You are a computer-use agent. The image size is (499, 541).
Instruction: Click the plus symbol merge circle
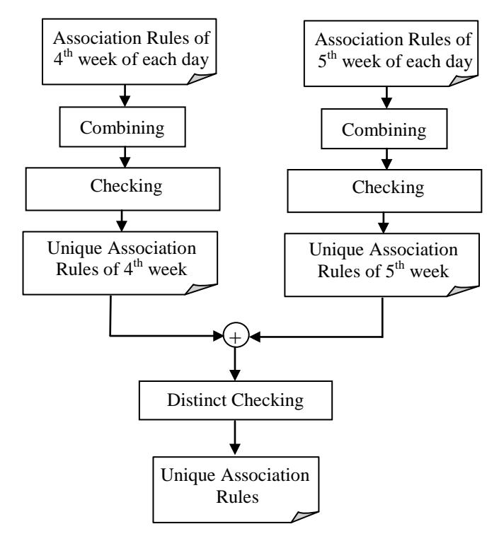pyautogui.click(x=236, y=335)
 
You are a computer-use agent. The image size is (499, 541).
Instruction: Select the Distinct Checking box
pyautogui.click(x=236, y=400)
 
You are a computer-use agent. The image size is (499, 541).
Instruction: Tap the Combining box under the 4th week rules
pyautogui.click(x=122, y=127)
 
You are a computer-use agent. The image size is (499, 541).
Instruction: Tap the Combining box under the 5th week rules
pyautogui.click(x=384, y=129)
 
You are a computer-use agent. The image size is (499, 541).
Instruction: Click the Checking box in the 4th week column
pyautogui.click(x=122, y=189)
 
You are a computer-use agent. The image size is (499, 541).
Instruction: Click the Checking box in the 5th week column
pyautogui.click(x=384, y=191)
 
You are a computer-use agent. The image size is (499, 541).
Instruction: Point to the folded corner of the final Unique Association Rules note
pyautogui.click(x=303, y=516)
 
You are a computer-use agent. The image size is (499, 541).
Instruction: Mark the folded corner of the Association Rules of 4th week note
pyautogui.click(x=200, y=78)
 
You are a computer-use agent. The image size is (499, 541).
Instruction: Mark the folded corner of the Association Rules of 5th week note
pyautogui.click(x=462, y=81)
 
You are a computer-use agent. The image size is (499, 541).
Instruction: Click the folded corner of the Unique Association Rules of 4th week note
pyautogui.click(x=200, y=289)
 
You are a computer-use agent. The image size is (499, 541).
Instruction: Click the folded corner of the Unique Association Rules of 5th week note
pyautogui.click(x=461, y=291)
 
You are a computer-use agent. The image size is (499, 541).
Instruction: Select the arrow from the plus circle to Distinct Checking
pyautogui.click(x=235, y=364)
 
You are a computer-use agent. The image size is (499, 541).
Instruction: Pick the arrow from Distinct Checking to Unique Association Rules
pyautogui.click(x=235, y=438)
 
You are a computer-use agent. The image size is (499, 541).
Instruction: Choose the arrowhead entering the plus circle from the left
pyautogui.click(x=218, y=335)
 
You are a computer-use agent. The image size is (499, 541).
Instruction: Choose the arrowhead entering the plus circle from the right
pyautogui.click(x=255, y=337)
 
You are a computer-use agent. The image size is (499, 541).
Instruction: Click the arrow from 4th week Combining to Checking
pyautogui.click(x=125, y=157)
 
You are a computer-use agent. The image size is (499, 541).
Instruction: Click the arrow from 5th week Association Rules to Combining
pyautogui.click(x=386, y=98)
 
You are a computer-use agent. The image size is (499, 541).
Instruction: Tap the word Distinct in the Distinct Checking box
pyautogui.click(x=197, y=400)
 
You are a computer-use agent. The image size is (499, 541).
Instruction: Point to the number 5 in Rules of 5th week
pyautogui.click(x=390, y=271)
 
